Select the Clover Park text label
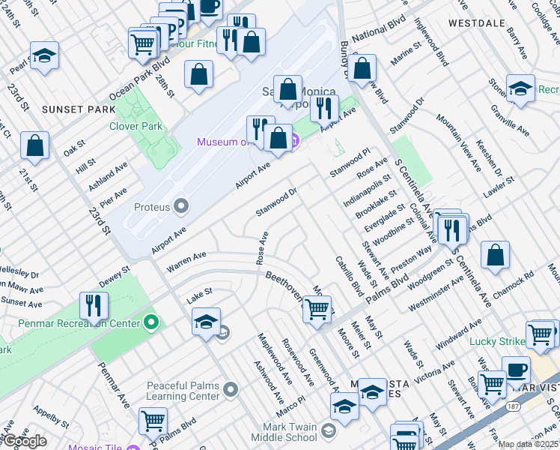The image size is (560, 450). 136,127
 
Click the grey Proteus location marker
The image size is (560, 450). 181,205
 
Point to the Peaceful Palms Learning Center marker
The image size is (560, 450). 231,388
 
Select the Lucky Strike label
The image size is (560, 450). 497,341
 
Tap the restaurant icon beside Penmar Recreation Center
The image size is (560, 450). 94,305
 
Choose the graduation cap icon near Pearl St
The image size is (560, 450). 45,56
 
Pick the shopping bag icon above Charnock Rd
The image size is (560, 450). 495,255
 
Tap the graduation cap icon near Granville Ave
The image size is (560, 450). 520,88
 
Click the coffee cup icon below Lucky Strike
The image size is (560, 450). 516,369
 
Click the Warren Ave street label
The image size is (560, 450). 186,261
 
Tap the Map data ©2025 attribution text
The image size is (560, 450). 528,444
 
